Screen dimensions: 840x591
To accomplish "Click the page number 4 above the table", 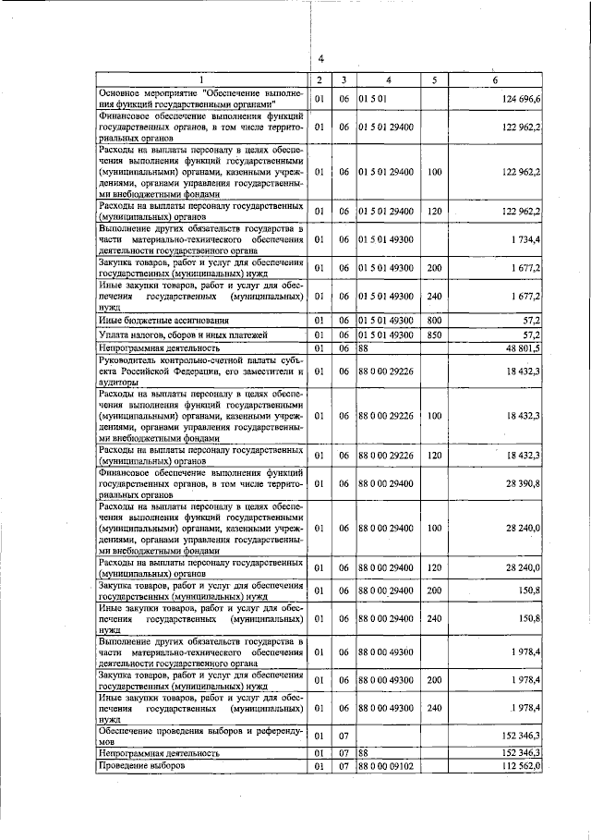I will [320, 61].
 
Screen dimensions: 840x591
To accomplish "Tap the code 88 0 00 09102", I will [387, 767].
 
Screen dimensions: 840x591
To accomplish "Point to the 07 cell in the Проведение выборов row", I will [342, 767].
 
